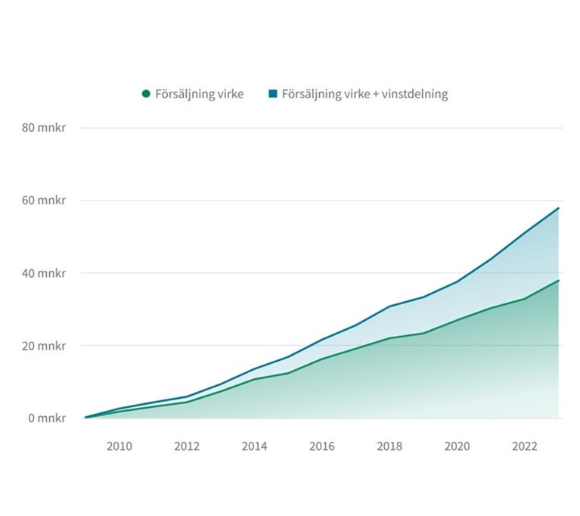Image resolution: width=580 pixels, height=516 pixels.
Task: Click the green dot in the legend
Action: (146, 94)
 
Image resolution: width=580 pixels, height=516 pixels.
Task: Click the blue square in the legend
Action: (273, 94)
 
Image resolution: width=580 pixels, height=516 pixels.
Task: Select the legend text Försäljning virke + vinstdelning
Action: (364, 95)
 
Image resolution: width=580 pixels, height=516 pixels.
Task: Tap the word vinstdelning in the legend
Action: (416, 95)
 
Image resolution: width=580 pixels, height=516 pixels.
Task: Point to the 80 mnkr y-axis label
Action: (44, 128)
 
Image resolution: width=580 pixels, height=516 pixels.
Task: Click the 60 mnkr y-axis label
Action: (44, 200)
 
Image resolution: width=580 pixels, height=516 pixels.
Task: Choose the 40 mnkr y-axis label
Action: (44, 273)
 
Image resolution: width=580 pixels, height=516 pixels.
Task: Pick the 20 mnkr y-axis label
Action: (44, 346)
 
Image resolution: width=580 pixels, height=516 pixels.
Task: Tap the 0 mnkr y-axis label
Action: (47, 418)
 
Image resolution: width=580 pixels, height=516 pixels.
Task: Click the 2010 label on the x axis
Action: (119, 446)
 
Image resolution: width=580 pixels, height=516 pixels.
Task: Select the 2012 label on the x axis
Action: (187, 446)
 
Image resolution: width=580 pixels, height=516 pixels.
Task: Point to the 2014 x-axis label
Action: (254, 446)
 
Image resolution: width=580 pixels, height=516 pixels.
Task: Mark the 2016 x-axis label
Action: (322, 446)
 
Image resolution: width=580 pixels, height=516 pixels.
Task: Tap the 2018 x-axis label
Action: (389, 446)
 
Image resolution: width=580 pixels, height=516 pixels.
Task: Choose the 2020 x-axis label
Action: (457, 446)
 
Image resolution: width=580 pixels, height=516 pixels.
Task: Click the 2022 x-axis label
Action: (525, 446)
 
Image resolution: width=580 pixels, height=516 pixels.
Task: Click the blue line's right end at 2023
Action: (559, 208)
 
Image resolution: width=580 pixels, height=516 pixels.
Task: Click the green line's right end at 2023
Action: (559, 281)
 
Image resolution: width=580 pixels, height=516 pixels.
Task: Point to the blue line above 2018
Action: (389, 306)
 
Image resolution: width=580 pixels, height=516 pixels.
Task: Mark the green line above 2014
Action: (254, 379)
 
